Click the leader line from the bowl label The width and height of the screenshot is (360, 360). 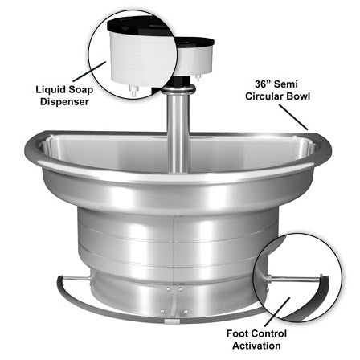point(295,114)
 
